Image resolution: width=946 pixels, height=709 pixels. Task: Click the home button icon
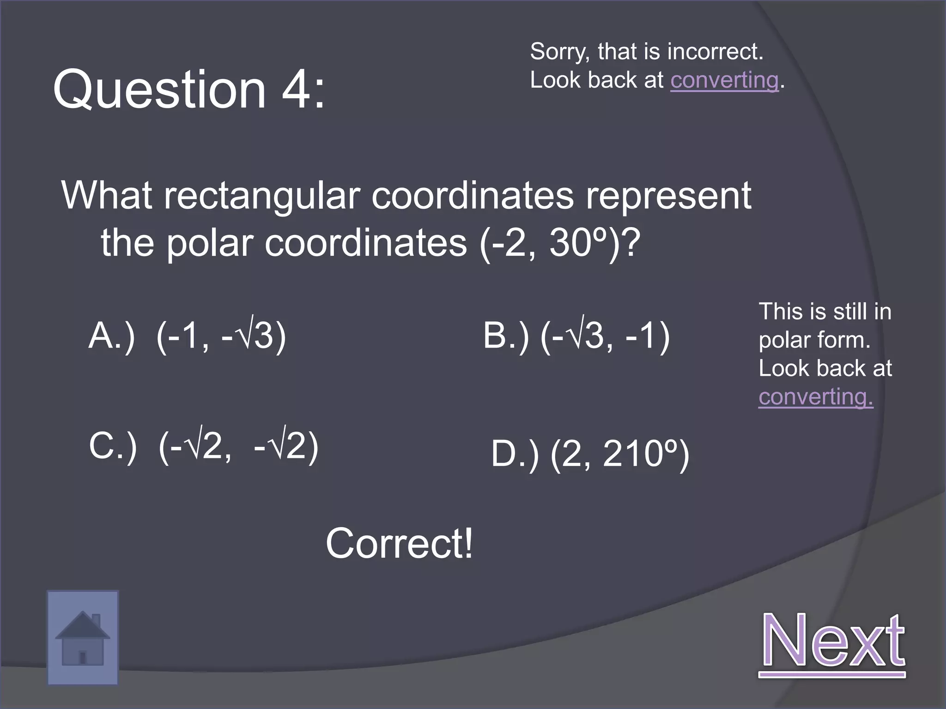click(83, 637)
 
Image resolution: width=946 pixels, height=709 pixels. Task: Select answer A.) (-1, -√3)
click(187, 336)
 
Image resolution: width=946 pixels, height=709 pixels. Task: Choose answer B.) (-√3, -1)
click(576, 336)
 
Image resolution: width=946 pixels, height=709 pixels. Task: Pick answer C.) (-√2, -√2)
click(204, 446)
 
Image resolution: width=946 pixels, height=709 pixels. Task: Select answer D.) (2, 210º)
click(590, 455)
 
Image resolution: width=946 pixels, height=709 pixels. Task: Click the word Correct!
click(400, 544)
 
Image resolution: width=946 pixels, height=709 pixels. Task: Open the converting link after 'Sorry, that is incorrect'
click(724, 80)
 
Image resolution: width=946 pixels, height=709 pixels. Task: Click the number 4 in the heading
click(297, 89)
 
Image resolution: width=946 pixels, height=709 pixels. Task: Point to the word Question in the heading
click(160, 89)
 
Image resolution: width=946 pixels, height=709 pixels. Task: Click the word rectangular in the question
click(262, 196)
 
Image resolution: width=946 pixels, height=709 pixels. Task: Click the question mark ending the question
click(630, 243)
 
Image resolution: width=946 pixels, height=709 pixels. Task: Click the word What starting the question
click(107, 196)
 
